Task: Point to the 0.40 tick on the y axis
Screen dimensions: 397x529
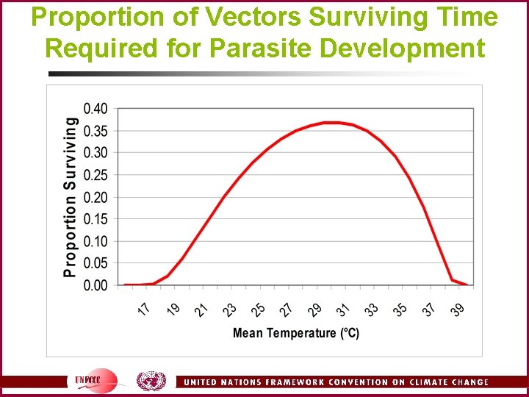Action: pos(95,109)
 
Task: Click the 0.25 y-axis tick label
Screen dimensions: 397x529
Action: pos(95,175)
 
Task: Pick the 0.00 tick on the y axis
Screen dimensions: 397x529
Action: pos(95,285)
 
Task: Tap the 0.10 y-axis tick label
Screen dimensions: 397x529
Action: pos(95,241)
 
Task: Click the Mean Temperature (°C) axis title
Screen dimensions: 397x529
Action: pos(296,333)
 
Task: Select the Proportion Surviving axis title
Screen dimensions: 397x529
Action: pos(71,197)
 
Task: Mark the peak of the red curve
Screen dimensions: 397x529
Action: pos(331,123)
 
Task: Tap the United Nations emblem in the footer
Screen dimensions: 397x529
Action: pos(151,381)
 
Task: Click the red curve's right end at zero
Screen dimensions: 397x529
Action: pos(466,285)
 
